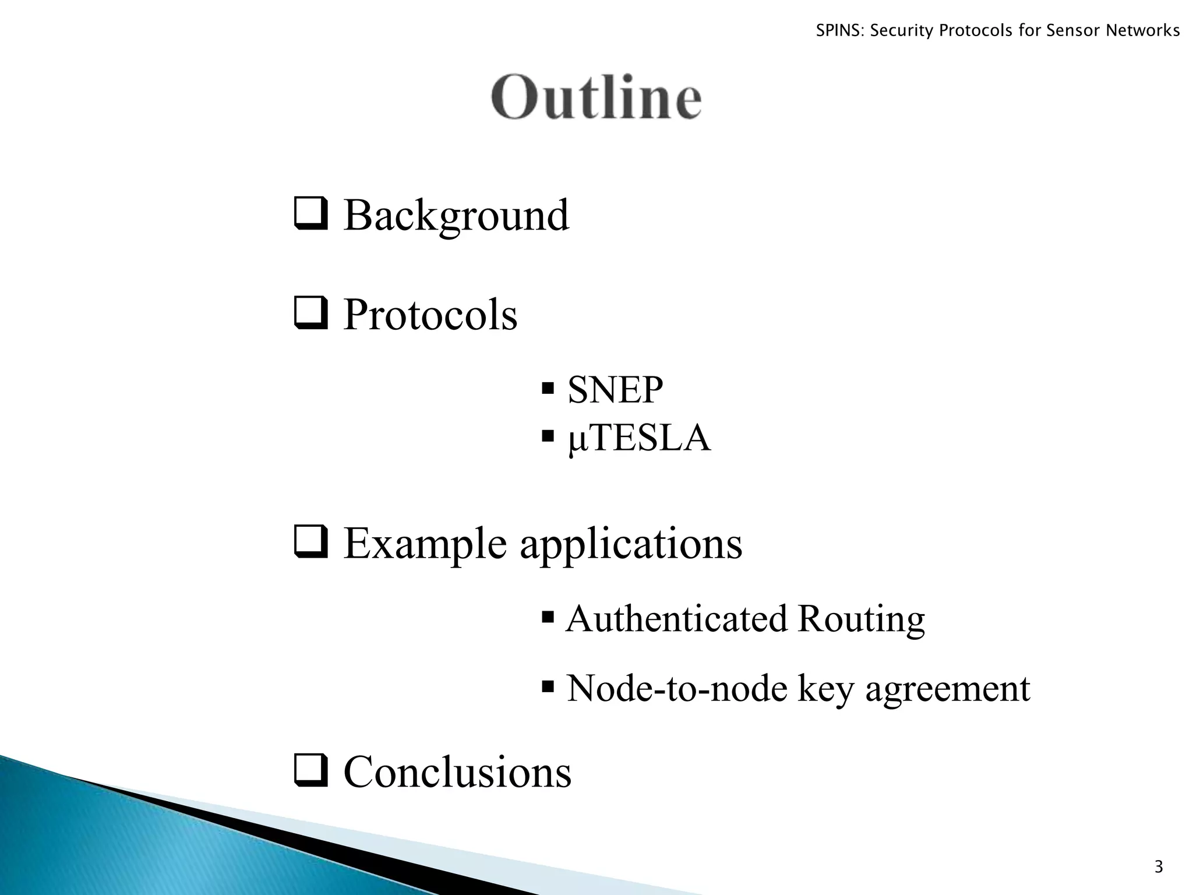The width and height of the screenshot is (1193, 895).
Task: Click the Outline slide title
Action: click(x=596, y=97)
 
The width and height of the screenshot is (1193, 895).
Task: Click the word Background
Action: click(x=456, y=216)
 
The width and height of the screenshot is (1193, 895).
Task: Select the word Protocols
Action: click(x=430, y=315)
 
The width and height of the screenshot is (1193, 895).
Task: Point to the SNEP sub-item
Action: click(x=615, y=390)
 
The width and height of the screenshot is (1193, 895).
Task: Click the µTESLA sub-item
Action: click(x=639, y=438)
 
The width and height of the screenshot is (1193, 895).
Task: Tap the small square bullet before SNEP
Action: click(x=547, y=387)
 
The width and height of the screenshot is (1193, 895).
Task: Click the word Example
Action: click(x=425, y=544)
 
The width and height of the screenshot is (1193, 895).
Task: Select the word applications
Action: click(x=631, y=544)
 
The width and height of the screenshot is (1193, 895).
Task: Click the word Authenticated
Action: click(x=676, y=619)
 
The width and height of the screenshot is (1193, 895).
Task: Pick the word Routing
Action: click(x=861, y=619)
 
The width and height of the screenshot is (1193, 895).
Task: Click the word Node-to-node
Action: click(x=677, y=689)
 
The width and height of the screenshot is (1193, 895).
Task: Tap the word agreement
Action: click(x=948, y=689)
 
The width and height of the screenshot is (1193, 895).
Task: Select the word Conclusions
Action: click(x=457, y=772)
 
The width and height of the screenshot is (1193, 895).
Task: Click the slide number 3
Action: click(x=1158, y=868)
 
